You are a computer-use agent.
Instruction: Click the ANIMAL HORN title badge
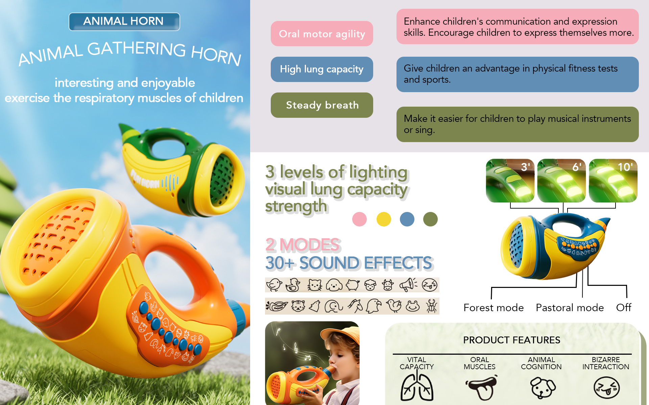coord(124,22)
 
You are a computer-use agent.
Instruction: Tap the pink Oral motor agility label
coord(322,34)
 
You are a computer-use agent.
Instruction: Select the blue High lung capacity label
coord(322,69)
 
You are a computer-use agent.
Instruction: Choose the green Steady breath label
coord(322,105)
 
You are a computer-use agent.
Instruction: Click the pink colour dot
coord(359,219)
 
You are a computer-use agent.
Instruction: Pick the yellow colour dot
coord(384,219)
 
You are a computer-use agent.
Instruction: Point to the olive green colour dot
coord(430,219)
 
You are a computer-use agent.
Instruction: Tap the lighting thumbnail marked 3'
coord(510,181)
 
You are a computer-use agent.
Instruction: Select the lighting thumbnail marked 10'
coord(613,181)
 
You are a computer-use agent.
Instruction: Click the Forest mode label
coord(494,308)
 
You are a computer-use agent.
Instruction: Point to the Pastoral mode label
coord(570,308)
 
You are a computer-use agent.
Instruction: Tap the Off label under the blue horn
coord(624,307)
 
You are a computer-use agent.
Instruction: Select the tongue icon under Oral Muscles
coord(481,387)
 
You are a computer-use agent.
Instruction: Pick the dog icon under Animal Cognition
coord(543,388)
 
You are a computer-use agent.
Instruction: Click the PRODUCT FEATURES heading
coord(512,340)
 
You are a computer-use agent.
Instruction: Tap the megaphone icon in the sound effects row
coord(408,285)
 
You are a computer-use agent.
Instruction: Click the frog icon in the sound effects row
coord(413,306)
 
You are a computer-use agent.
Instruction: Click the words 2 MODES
coord(303,245)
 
